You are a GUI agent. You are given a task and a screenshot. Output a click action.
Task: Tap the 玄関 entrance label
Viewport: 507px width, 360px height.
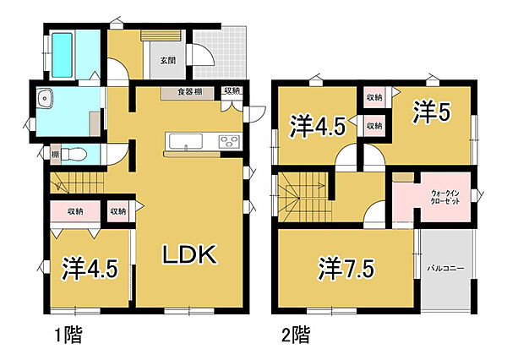167,60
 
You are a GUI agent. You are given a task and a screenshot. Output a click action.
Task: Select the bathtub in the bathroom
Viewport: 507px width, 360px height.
63,52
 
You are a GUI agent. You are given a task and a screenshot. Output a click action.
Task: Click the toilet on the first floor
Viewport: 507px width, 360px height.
74,155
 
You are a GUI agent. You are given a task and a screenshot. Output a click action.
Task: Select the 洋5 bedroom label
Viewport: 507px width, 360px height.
431,111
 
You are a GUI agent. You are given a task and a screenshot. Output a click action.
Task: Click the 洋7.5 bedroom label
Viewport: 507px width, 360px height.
346,270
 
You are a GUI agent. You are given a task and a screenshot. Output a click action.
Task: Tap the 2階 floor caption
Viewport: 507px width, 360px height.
296,334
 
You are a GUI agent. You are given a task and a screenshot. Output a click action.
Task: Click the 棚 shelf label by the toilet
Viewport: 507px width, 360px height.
54,155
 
